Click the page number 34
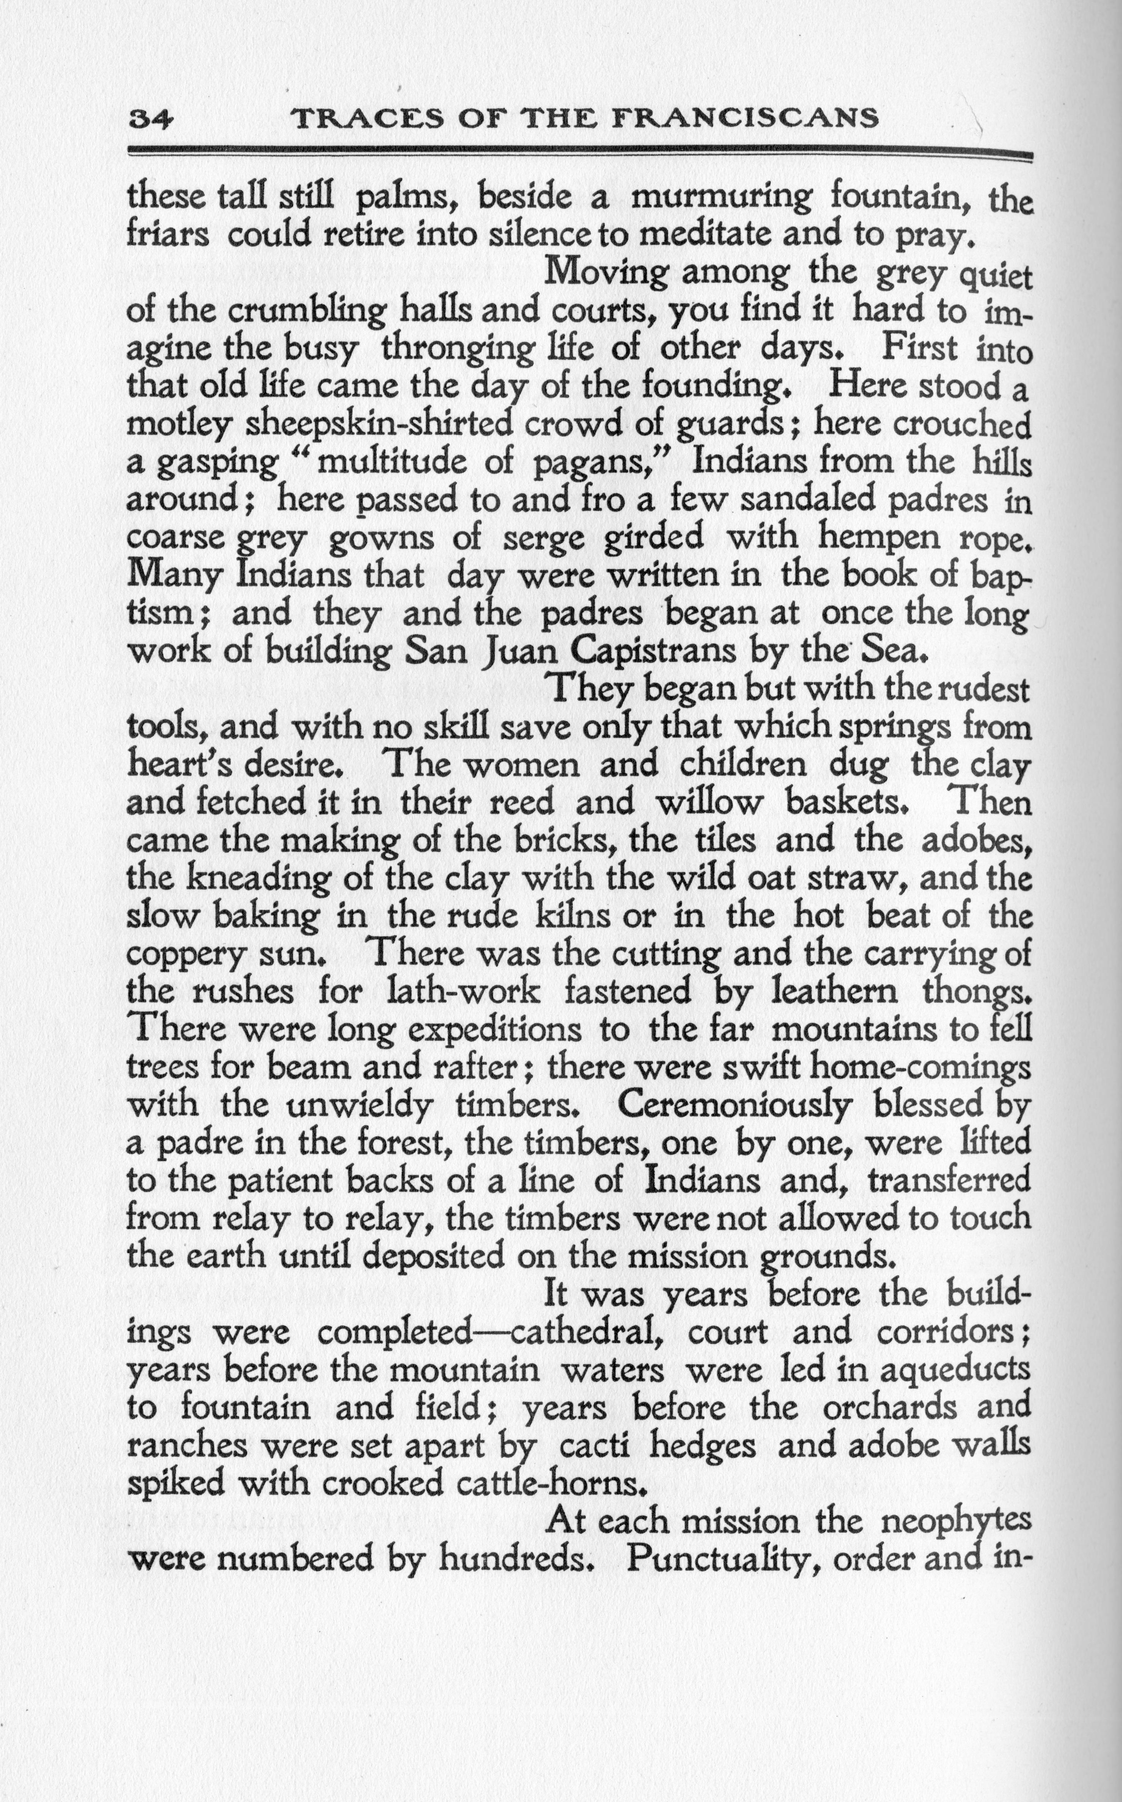click(151, 119)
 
